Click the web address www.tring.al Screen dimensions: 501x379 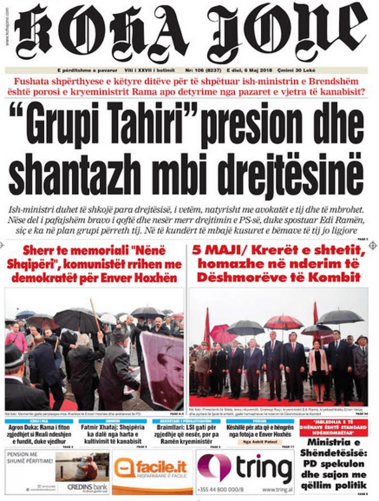click(x=276, y=490)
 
